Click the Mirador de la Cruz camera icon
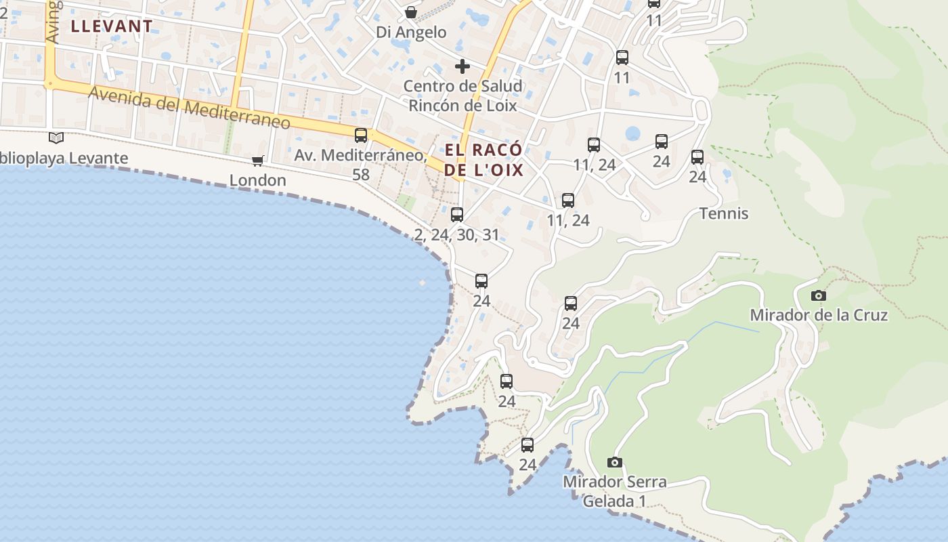819,295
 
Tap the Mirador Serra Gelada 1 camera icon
615,462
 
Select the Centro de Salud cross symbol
462,66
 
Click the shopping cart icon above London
257,161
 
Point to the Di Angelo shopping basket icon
411,12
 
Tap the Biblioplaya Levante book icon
56,138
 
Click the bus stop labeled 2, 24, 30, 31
457,215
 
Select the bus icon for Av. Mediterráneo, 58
361,135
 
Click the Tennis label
724,214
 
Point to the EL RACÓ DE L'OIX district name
483,160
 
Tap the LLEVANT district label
112,26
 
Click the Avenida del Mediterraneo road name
190,108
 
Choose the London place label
258,180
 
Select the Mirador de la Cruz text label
819,315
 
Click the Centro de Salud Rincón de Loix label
462,96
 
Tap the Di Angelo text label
412,32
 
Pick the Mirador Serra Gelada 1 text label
615,491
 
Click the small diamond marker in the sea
423,283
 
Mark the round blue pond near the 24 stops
632,133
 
